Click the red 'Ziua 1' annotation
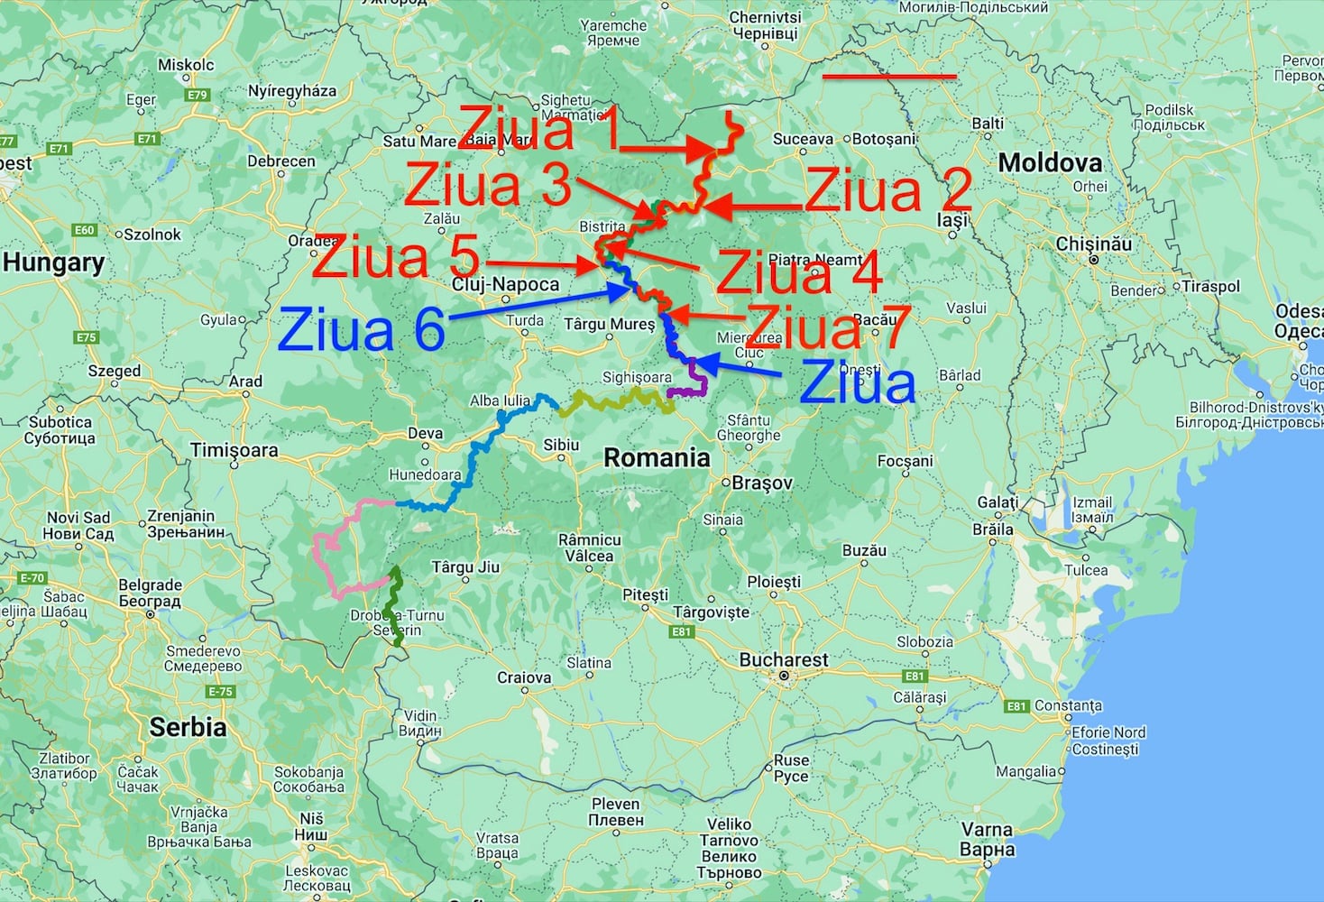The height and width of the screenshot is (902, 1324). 539,129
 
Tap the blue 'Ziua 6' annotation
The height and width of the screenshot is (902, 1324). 362,330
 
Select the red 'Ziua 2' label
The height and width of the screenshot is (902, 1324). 887,190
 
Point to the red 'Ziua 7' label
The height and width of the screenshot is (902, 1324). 826,327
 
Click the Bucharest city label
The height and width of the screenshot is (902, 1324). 783,660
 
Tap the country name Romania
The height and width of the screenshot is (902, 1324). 657,458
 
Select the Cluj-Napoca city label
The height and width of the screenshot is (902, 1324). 505,285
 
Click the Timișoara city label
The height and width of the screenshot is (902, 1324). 234,450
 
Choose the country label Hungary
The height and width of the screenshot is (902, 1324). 54,263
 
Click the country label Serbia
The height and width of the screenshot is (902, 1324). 188,727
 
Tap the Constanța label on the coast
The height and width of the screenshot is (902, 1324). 1068,705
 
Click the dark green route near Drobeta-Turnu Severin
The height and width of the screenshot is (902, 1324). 392,604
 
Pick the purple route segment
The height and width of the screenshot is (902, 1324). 694,383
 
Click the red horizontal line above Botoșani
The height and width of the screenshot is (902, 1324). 889,77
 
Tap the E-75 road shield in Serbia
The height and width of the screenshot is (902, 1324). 220,692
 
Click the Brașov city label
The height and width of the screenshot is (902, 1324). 762,483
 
